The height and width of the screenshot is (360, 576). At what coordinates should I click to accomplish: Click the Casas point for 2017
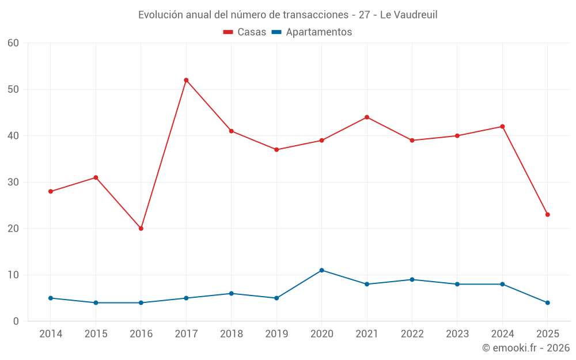186,80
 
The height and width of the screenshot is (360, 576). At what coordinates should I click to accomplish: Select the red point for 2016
141,229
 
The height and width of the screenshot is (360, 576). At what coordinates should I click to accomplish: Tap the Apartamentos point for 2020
321,270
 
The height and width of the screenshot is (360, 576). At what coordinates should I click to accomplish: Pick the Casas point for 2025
548,215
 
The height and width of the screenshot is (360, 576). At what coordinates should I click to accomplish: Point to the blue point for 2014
51,298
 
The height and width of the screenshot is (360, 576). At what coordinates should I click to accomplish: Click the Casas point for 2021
367,118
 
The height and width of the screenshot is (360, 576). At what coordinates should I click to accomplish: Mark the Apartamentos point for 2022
412,280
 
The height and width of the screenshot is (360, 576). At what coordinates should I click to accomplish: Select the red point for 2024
502,127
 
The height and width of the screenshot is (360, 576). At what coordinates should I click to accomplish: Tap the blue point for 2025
548,303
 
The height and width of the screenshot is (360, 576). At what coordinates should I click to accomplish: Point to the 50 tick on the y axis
13,89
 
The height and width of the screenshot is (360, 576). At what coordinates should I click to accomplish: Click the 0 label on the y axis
16,321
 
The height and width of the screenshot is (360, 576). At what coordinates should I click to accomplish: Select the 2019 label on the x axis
276,334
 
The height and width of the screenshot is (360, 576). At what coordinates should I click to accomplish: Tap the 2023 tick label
457,334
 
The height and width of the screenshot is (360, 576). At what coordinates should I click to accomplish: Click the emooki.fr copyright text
526,348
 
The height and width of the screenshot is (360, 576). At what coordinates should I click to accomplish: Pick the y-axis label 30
13,182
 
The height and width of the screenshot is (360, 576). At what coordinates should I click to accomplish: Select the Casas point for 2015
96,177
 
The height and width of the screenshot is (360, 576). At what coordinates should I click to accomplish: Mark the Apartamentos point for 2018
232,294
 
